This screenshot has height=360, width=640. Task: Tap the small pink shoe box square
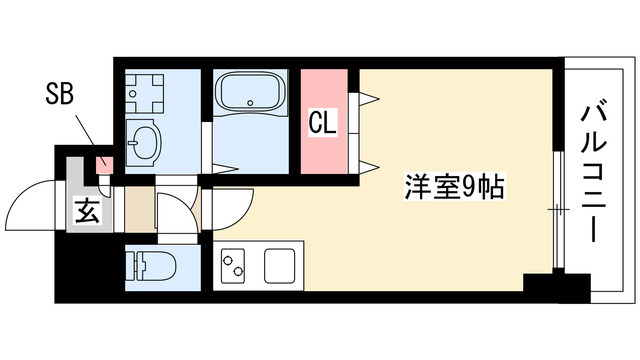(x=101, y=163)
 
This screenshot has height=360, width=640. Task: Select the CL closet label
(x=321, y=123)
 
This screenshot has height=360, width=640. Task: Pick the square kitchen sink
(x=280, y=265)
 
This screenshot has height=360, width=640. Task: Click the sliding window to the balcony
(x=557, y=210)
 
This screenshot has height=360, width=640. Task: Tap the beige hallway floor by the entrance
(x=140, y=209)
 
